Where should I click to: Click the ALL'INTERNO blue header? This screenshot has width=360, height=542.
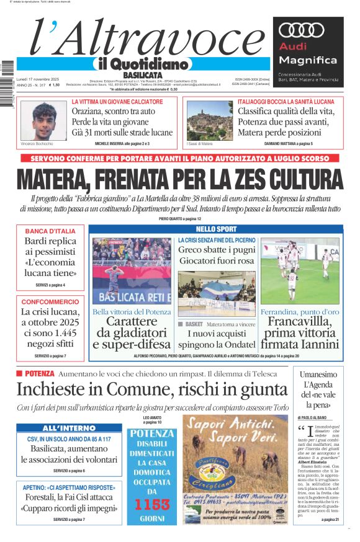(69, 429)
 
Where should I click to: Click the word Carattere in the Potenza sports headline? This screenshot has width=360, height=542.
(131, 321)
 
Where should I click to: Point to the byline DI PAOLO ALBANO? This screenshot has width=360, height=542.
(316, 418)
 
